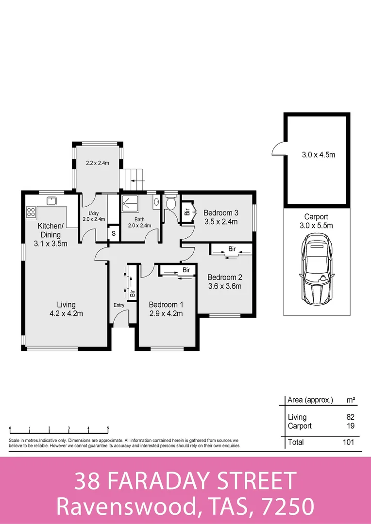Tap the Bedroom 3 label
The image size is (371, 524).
point(220,213)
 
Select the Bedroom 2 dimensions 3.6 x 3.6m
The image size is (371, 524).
point(224,286)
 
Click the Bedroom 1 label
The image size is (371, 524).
point(166,304)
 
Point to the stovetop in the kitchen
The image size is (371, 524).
point(31,212)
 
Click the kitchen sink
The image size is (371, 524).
point(51,200)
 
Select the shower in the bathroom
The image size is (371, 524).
point(130,204)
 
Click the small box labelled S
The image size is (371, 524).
point(113,233)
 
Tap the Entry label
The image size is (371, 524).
point(118,305)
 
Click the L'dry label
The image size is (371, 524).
point(94,213)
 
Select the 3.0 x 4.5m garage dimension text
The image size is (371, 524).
point(319,155)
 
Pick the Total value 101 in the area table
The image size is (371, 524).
point(347,442)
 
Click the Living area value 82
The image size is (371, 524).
point(350,417)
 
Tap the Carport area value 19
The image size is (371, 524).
point(350,426)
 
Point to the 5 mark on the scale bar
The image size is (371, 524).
point(108,428)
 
